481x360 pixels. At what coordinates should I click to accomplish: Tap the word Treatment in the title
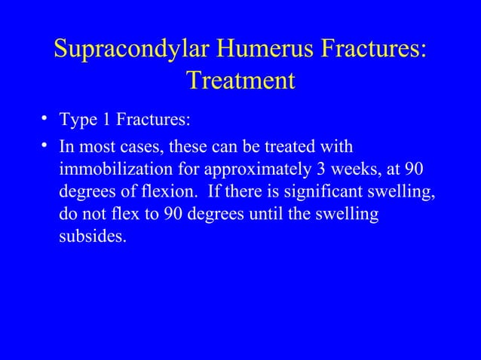[x=240, y=80]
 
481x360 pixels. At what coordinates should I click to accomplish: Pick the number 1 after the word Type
[x=101, y=121]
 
